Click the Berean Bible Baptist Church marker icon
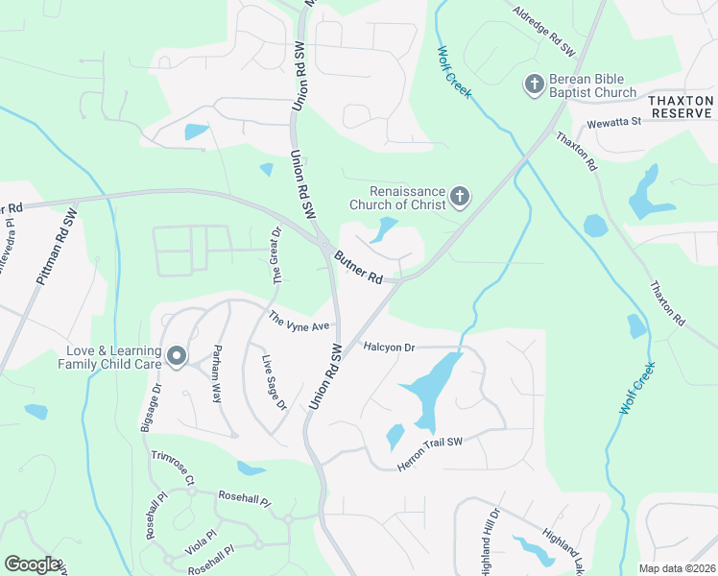[x=535, y=85]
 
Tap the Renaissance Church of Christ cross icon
[x=460, y=198]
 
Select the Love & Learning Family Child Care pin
[x=176, y=357]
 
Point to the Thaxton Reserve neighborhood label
[x=681, y=107]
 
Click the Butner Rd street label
[x=359, y=268]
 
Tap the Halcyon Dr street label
[x=388, y=346]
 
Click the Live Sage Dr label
[x=275, y=382]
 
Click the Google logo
[x=32, y=564]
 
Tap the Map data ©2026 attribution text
[x=676, y=568]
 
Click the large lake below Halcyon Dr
[x=430, y=388]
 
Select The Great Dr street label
[x=276, y=255]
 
